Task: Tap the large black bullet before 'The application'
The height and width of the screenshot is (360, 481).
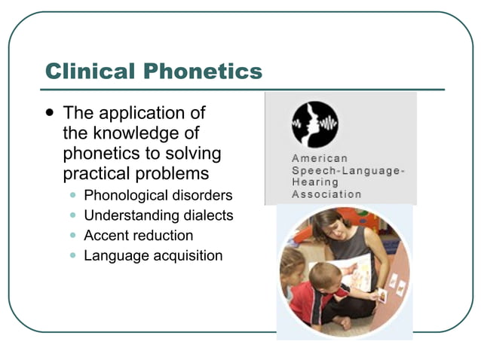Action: tap(50, 112)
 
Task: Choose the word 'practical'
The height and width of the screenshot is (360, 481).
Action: tap(97, 174)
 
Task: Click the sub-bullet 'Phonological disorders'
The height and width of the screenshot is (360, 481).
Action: tap(158, 196)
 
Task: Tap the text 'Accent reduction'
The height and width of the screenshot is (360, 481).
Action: tap(138, 236)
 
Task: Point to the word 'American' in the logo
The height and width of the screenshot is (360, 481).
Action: tap(320, 159)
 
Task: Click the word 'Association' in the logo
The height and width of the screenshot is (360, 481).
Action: tap(326, 194)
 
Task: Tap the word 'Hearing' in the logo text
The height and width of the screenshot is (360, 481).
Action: tap(315, 182)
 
